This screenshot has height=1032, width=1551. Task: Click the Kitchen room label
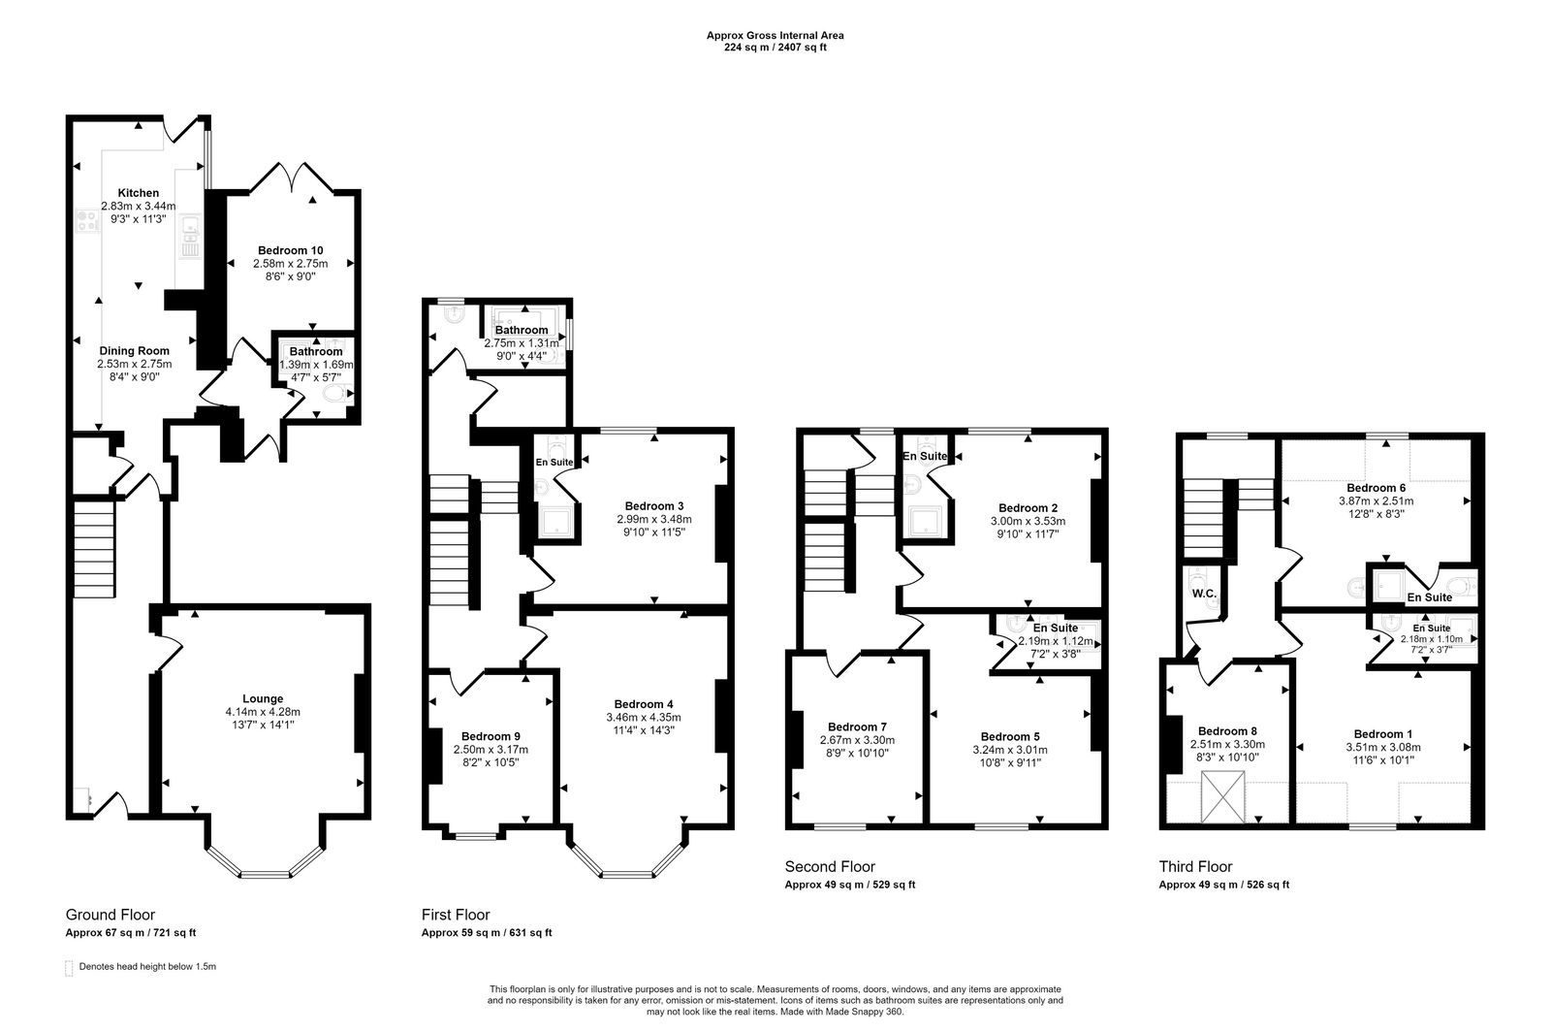coord(138,193)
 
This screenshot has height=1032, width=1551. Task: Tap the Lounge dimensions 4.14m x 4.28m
coord(263,712)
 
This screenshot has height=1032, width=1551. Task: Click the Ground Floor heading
coord(110,915)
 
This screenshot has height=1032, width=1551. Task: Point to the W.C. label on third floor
coord(1204,594)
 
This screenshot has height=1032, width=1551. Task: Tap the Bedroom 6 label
coord(1376,488)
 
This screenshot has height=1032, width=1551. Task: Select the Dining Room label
coord(134,351)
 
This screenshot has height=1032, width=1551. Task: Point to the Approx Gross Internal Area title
coord(775,36)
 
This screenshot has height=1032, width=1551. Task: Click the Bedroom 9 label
coord(491,735)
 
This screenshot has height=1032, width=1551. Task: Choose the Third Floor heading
coord(1195,866)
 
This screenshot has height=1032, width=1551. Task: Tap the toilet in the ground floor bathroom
coord(334,395)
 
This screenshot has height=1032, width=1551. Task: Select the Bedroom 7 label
coord(857,726)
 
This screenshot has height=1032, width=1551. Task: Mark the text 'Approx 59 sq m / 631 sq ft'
coord(487,933)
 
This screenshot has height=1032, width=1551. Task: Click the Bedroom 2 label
coord(1028,507)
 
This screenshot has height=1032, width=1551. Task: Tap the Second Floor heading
coord(830,866)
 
